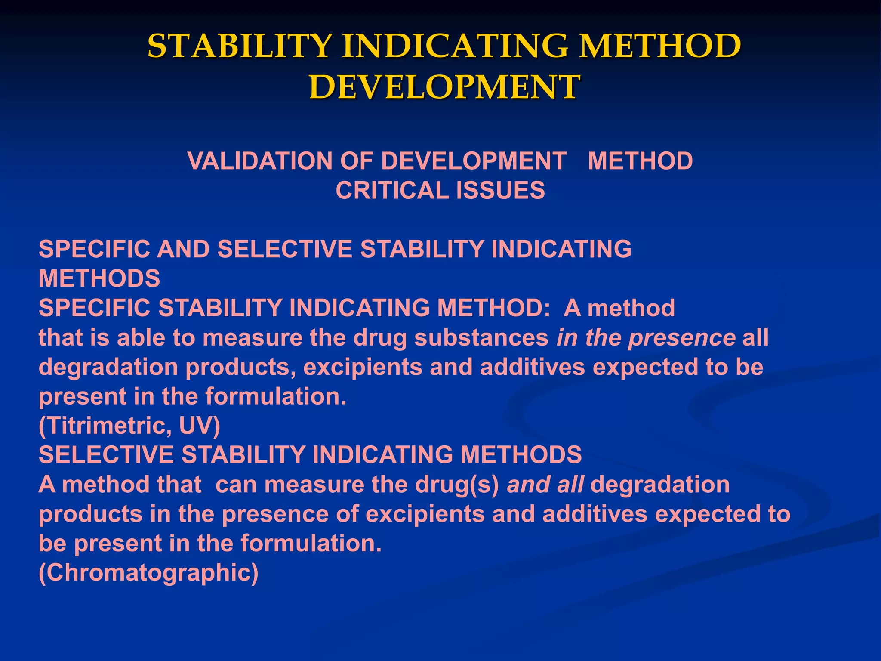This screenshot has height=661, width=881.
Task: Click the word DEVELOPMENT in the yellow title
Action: click(x=444, y=87)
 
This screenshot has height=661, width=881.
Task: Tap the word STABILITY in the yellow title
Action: click(x=240, y=46)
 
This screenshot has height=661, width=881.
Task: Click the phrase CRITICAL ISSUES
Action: click(x=440, y=190)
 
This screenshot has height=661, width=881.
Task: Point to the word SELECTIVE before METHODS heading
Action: click(x=105, y=455)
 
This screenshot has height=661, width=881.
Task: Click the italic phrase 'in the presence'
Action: click(x=646, y=338)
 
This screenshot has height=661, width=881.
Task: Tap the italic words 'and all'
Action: click(x=545, y=485)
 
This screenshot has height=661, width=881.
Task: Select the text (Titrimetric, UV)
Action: click(x=129, y=426)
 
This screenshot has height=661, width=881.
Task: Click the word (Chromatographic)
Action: click(x=149, y=573)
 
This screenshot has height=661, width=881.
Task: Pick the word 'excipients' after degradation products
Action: click(x=363, y=367)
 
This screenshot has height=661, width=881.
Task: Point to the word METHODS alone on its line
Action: click(x=99, y=278)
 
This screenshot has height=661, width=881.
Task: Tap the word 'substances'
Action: click(x=481, y=338)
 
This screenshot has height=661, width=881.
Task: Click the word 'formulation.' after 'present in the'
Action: click(x=276, y=396)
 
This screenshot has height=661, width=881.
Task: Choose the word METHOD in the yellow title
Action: click(x=659, y=46)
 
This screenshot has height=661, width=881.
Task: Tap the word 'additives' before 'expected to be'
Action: click(x=533, y=367)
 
